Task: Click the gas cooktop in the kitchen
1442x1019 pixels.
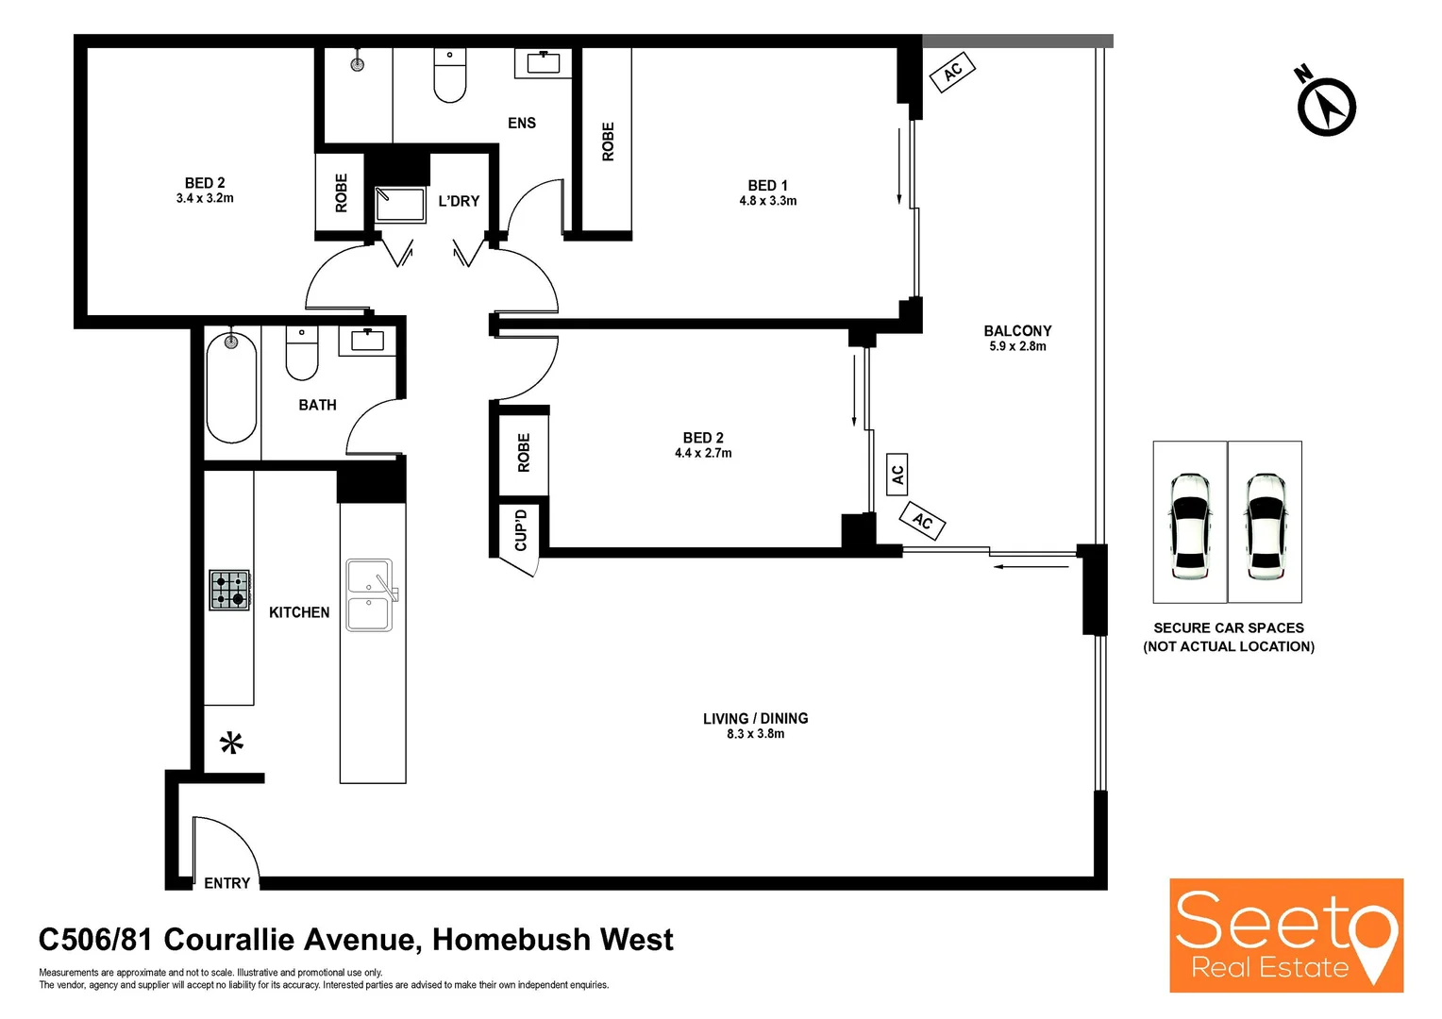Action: (229, 590)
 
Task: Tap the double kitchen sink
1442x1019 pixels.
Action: (369, 595)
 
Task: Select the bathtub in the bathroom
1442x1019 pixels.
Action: (231, 387)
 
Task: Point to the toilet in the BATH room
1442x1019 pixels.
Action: (302, 351)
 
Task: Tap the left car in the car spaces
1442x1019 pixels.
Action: (1190, 525)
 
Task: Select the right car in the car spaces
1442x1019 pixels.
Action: (1265, 525)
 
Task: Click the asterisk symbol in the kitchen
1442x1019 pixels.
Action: (231, 743)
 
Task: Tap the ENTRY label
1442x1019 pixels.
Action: (227, 883)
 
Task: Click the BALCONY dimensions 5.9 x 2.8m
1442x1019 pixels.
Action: (1017, 346)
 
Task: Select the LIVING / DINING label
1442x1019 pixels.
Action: (755, 718)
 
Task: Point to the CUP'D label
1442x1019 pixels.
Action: (521, 530)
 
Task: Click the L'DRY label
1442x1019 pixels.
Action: (459, 201)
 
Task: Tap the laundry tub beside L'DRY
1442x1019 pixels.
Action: (400, 204)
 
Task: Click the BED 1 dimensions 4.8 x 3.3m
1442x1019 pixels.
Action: (767, 201)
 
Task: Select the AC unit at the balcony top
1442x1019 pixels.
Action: (952, 70)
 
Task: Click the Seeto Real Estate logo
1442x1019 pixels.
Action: (1285, 935)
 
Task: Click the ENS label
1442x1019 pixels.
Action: (522, 123)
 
